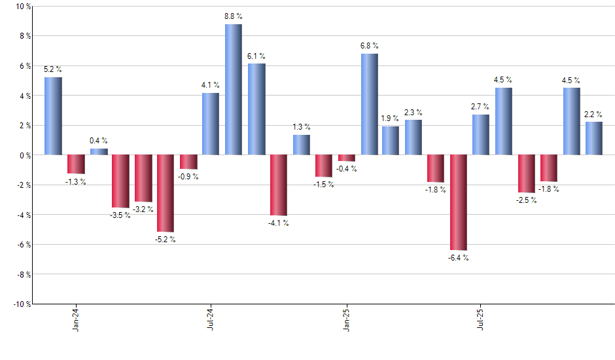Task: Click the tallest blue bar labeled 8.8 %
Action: [x=234, y=90]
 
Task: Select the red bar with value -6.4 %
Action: [x=459, y=202]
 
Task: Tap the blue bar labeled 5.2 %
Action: [x=53, y=116]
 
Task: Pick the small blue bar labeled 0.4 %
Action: [x=99, y=152]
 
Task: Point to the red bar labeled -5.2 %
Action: [x=166, y=193]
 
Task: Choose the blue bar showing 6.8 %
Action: [x=369, y=104]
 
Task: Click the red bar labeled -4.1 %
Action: [x=279, y=185]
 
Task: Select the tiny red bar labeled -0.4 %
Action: [x=347, y=158]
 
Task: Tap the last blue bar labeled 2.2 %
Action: [x=594, y=138]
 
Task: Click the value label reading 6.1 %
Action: [x=256, y=56]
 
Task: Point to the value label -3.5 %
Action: [x=120, y=215]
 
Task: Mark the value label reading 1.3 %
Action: [x=302, y=127]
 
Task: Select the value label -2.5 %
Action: [x=526, y=200]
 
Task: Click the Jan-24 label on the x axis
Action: [x=77, y=318]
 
